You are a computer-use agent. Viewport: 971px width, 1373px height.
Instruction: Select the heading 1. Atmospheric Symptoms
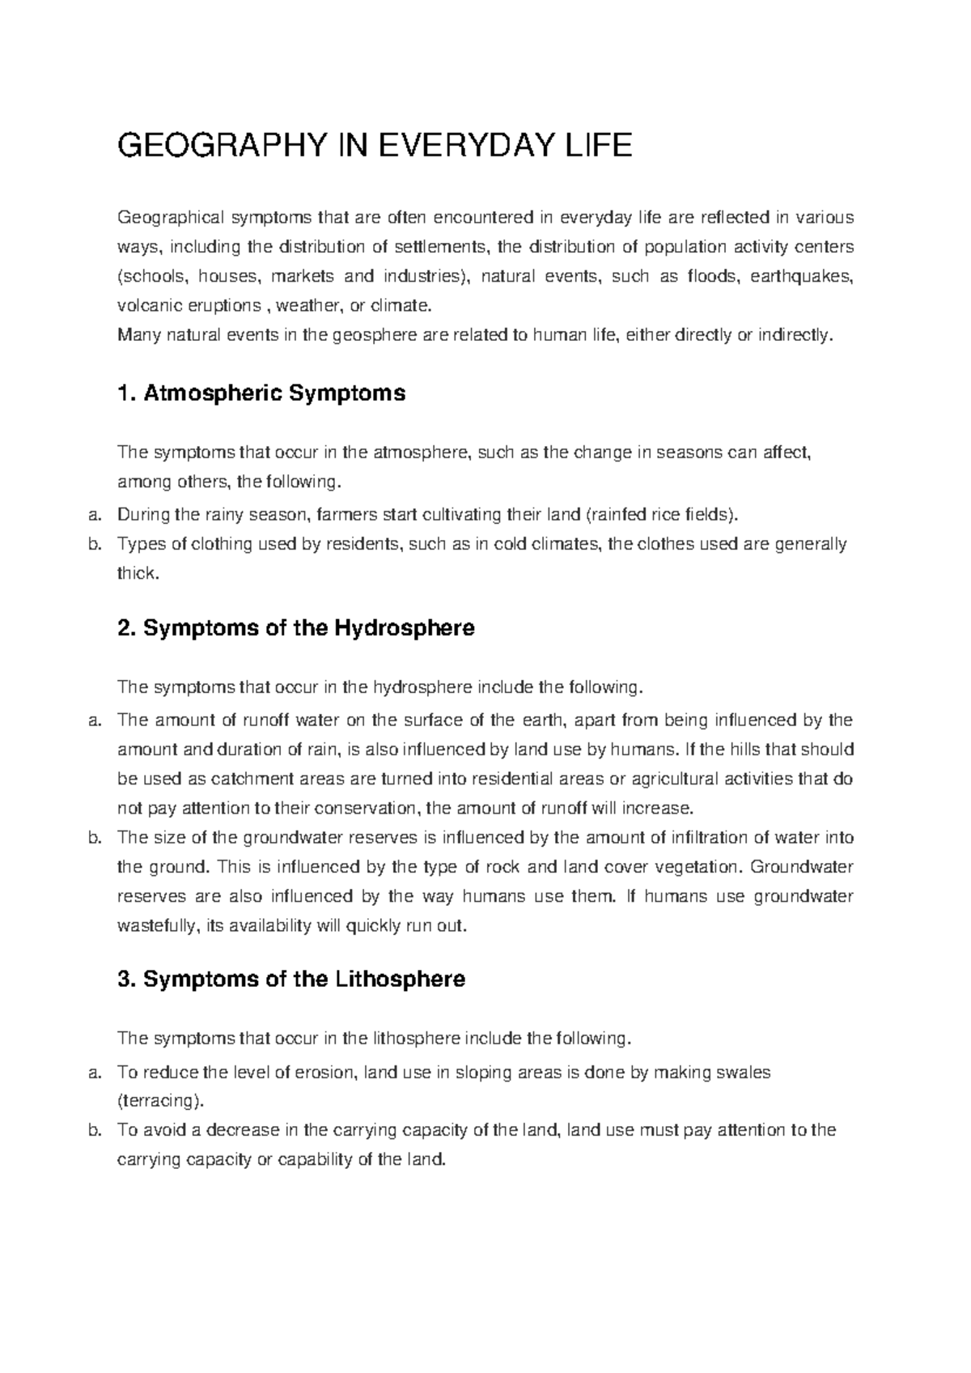261,393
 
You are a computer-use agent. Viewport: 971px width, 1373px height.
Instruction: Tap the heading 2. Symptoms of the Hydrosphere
296,627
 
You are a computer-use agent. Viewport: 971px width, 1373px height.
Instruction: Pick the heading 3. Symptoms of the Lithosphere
291,979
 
